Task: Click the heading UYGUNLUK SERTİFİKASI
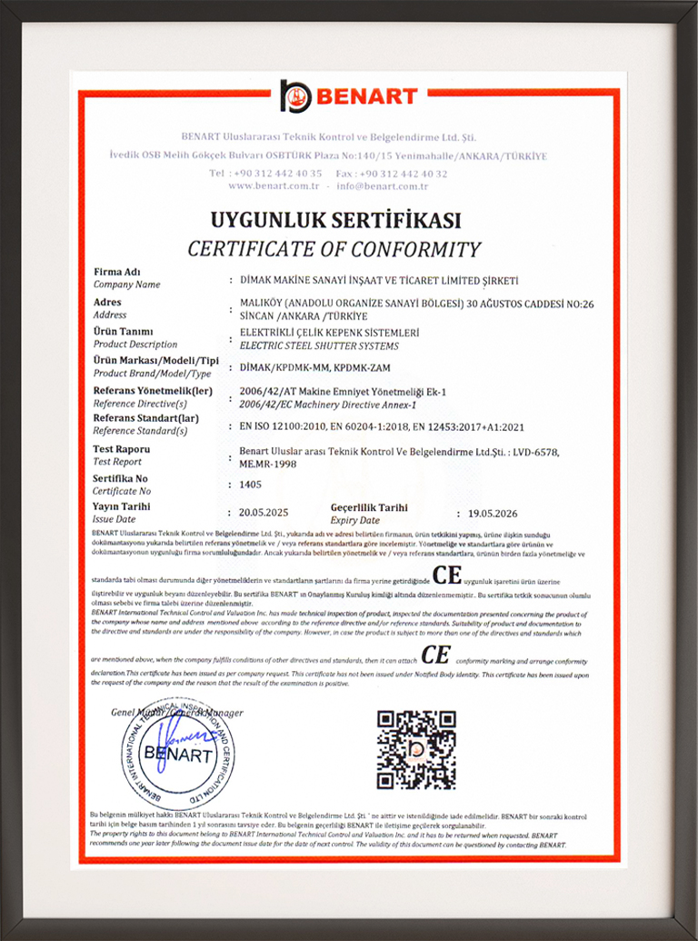point(336,220)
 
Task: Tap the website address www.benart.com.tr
point(273,185)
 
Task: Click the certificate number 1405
point(250,485)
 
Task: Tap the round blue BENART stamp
point(177,752)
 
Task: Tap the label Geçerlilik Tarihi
point(369,507)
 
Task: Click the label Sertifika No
point(120,478)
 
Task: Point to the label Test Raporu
point(122,449)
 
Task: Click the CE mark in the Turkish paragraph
point(447,576)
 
